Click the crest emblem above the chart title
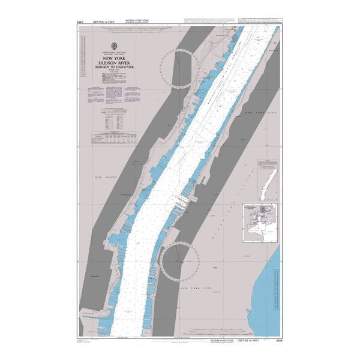pyautogui.click(x=113, y=47)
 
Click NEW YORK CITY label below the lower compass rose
pyautogui.click(x=195, y=289)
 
